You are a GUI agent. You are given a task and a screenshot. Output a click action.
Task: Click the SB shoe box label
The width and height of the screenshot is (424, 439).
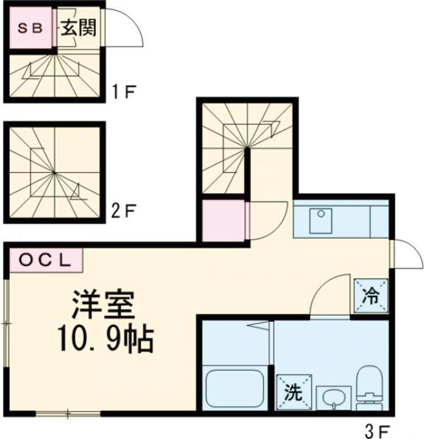30,28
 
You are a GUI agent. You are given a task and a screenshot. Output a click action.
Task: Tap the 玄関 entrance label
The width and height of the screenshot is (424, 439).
79,27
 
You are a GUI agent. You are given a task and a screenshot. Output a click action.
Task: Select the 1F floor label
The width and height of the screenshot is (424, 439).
124,92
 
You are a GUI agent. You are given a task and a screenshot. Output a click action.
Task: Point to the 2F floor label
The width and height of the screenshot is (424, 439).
123,212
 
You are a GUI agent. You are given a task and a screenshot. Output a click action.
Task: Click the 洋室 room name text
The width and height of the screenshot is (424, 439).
104,305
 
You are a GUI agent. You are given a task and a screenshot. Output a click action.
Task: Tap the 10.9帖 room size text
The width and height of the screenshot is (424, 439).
106,340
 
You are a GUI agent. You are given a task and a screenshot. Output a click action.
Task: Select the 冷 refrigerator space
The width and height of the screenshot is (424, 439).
371,296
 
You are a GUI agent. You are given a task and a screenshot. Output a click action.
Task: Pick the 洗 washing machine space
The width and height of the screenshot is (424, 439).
294,392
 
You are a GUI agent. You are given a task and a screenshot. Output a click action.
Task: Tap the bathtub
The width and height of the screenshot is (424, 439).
235,388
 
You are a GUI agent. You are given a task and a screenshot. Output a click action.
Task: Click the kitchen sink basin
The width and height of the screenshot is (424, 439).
321,221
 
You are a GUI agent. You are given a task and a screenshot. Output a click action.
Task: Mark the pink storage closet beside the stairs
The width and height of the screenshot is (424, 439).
224,221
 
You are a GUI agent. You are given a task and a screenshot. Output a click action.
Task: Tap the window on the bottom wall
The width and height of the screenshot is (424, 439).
68,413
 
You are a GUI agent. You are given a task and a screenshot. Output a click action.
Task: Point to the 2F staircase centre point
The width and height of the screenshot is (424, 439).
55,173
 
